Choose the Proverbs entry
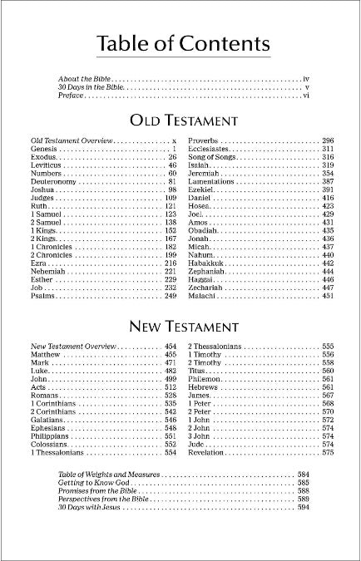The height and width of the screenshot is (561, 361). click(205, 140)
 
